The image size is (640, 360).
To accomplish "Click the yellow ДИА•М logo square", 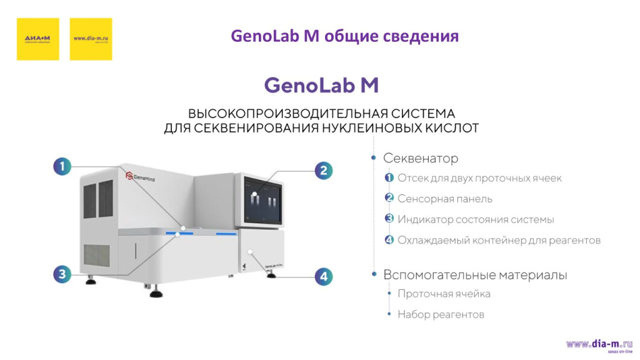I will (x=37, y=39).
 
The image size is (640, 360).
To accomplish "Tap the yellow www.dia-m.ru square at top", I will (x=91, y=39).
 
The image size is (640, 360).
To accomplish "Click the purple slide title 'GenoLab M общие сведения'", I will (x=345, y=36).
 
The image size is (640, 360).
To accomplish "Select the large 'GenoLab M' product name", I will (x=321, y=85).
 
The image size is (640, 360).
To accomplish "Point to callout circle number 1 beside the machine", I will (x=62, y=166).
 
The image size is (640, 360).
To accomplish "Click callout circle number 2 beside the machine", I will (x=323, y=171).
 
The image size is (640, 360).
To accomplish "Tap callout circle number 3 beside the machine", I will (x=62, y=273).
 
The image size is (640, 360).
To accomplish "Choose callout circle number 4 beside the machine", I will (x=323, y=276).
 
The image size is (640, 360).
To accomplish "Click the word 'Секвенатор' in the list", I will (x=420, y=158).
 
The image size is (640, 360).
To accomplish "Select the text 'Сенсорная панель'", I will (x=445, y=199).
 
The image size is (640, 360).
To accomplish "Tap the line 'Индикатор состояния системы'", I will (x=476, y=219).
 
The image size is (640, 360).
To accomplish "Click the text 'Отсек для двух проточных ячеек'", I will (x=479, y=178).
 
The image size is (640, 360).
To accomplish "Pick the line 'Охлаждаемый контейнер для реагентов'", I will (x=499, y=240).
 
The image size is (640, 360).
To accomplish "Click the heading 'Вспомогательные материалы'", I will (x=475, y=274).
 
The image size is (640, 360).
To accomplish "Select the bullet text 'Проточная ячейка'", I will (x=444, y=294).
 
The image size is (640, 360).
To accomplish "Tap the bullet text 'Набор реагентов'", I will (x=441, y=314).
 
